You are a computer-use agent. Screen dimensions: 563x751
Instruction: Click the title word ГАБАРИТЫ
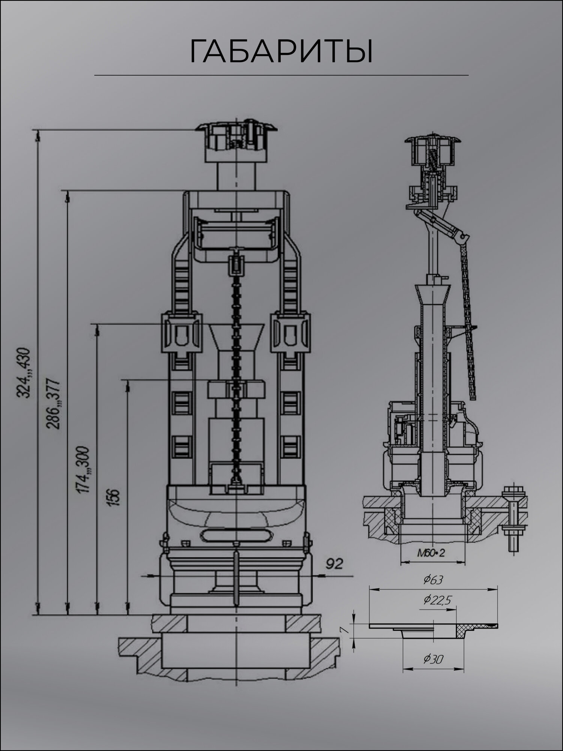tap(281, 51)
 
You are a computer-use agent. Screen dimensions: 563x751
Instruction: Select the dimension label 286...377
tap(53, 404)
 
